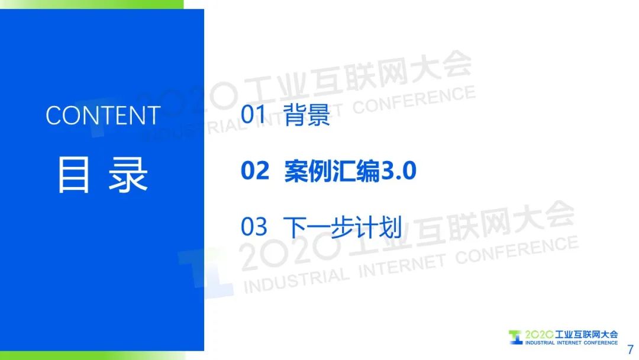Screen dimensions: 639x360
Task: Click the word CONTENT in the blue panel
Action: (x=103, y=115)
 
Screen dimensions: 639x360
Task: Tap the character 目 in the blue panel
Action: (x=73, y=175)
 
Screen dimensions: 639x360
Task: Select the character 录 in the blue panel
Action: (x=128, y=175)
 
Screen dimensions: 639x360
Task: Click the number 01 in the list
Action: (x=253, y=114)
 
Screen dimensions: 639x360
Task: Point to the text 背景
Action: (x=307, y=114)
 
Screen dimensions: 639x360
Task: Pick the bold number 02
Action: (x=255, y=171)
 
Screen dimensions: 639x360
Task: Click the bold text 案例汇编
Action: (x=332, y=171)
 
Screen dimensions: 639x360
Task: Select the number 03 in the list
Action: (x=254, y=227)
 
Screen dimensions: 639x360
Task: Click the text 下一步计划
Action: (x=343, y=227)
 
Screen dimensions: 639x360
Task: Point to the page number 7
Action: (x=631, y=349)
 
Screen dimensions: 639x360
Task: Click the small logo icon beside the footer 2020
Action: (x=515, y=337)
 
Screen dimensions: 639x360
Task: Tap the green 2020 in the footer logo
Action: (x=539, y=335)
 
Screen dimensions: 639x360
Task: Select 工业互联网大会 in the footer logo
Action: (x=586, y=335)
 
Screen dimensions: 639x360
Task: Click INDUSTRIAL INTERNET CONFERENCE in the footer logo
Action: (x=572, y=343)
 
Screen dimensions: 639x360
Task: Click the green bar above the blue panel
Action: (x=92, y=4)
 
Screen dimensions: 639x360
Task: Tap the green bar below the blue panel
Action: (x=92, y=355)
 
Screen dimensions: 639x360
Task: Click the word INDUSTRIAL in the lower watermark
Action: (x=296, y=279)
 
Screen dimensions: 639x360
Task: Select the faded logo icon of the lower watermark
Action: (x=206, y=272)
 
